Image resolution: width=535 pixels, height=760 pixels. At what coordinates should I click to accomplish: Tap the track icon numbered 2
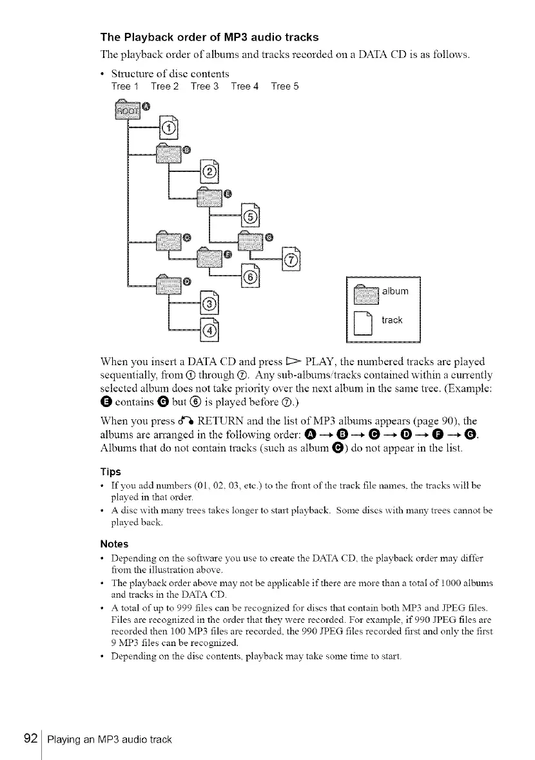point(209,170)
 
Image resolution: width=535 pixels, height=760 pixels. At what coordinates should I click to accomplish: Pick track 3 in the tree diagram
point(209,302)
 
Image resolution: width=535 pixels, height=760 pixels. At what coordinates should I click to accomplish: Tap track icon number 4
point(209,330)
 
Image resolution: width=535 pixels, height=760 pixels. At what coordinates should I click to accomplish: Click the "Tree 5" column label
point(284,86)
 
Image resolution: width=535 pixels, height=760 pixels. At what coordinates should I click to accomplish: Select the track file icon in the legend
point(365,323)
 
